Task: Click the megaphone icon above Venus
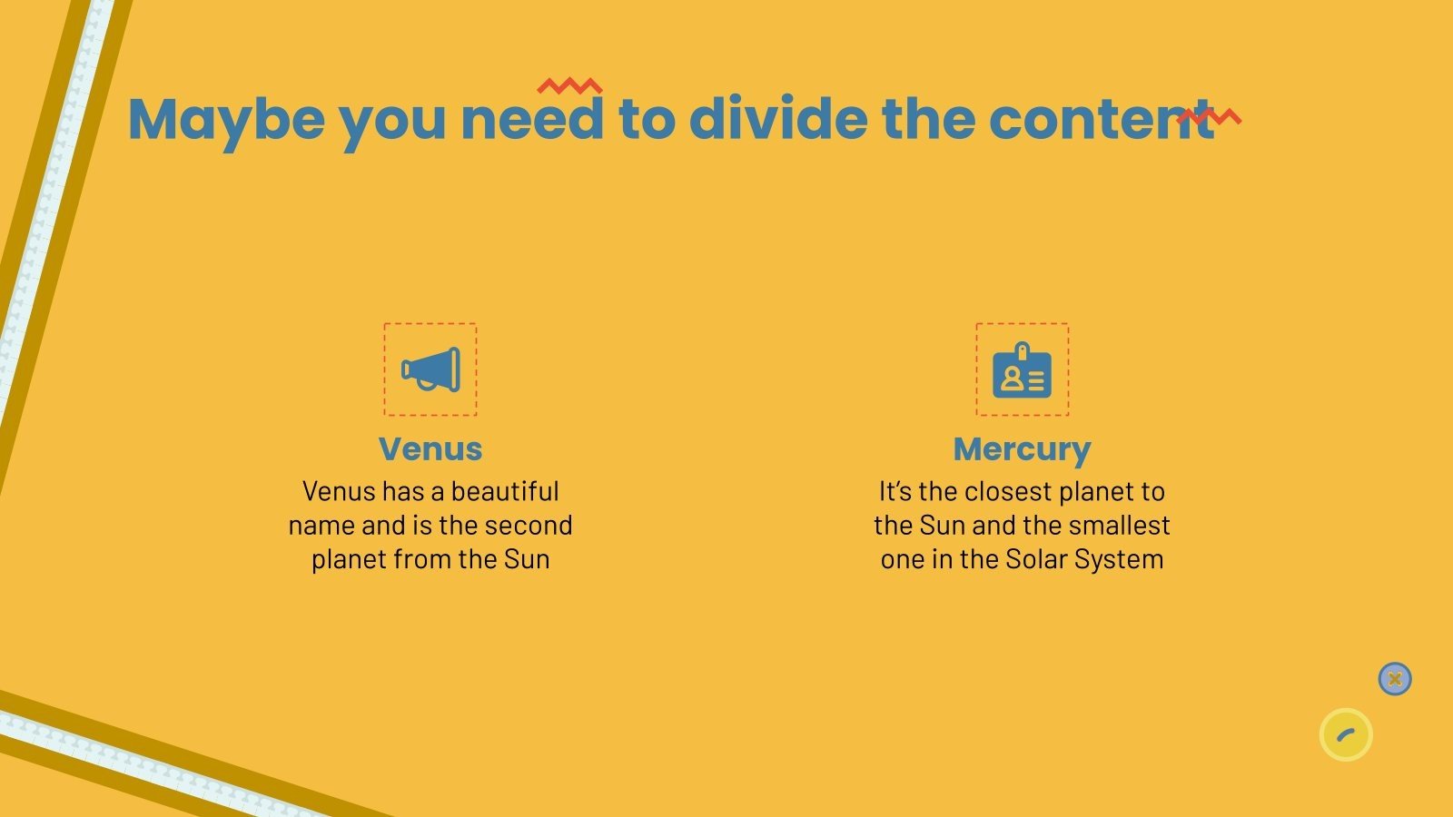(430, 369)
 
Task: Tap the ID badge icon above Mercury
(1022, 370)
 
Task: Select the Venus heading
(430, 448)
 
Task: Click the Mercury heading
(1022, 448)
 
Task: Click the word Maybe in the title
(226, 119)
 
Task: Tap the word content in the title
(1100, 119)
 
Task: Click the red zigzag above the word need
(569, 86)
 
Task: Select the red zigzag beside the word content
(1209, 116)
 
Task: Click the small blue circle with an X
(1394, 679)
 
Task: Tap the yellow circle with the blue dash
(1345, 734)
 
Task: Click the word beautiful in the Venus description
(505, 492)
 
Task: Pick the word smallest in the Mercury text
(1124, 526)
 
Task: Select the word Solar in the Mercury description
(1037, 559)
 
